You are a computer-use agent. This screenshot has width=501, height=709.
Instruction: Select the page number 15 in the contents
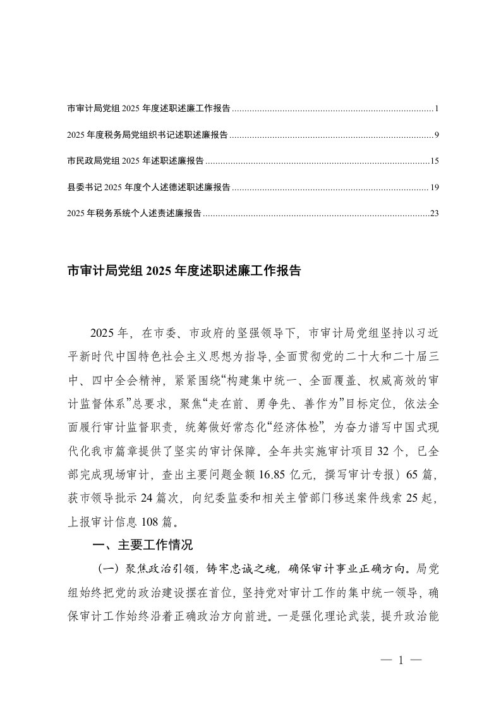pos(434,161)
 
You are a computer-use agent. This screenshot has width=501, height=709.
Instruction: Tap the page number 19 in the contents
pos(434,188)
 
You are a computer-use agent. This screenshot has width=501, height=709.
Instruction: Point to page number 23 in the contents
pos(434,214)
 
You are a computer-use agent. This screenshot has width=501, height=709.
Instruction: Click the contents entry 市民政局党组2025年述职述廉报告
pos(135,161)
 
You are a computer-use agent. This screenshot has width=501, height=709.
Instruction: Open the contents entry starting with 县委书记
pos(148,188)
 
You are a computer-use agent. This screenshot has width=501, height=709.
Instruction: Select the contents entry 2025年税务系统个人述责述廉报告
pos(134,214)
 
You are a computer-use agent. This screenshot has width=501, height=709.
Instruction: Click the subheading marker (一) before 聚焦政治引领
pos(106,566)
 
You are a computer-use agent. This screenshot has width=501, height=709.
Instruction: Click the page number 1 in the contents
pos(437,109)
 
